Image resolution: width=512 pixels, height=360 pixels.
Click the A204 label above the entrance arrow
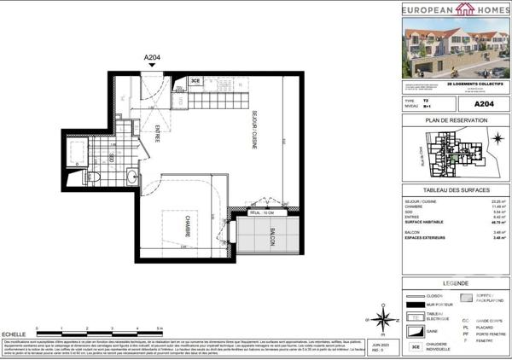click(152, 58)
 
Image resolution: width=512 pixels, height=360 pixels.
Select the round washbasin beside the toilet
click(133, 177)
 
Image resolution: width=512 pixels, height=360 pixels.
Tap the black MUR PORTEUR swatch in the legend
click(414, 305)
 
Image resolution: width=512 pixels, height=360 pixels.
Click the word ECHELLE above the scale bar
click(14, 333)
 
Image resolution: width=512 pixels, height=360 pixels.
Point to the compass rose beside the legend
click(383, 321)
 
